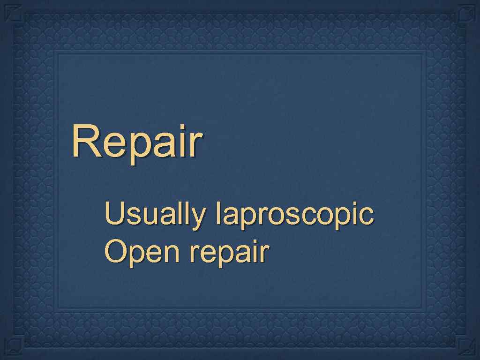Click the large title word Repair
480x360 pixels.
(x=137, y=142)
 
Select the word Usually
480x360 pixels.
(x=155, y=215)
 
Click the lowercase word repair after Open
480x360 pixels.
(x=229, y=254)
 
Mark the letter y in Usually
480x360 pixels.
(x=197, y=217)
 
